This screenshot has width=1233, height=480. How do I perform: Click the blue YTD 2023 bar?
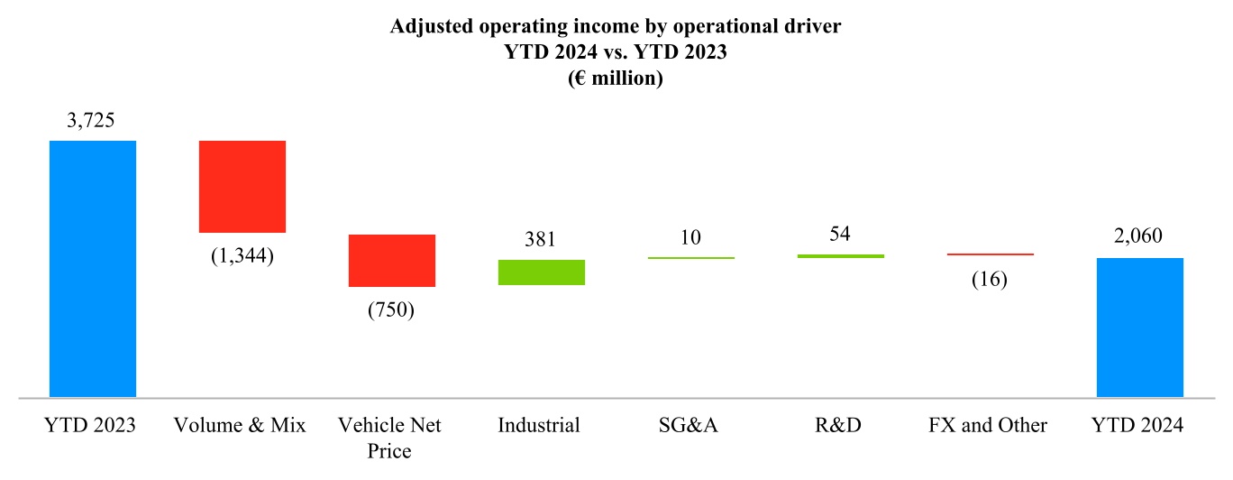92,268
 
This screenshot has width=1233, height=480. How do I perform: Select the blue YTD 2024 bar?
1139,327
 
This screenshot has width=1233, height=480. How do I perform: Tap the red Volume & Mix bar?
242,187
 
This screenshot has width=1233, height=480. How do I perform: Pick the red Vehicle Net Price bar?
392,261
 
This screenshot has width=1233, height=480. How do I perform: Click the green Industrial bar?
542,272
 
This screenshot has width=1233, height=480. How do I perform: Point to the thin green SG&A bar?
690,258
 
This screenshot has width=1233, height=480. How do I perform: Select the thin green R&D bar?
840,256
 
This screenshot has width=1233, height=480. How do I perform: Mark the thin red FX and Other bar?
990,254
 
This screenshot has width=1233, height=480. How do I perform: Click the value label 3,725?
91,121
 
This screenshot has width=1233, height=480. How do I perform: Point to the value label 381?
541,240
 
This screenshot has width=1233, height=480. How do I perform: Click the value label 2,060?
1138,237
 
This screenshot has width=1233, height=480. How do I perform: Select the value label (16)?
989,279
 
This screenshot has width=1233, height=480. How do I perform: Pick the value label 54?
839,235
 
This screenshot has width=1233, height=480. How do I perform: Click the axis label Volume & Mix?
242,425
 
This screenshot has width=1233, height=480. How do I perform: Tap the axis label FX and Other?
989,425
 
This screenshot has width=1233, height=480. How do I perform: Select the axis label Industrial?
539,425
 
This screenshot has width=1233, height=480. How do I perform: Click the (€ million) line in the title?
616,78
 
